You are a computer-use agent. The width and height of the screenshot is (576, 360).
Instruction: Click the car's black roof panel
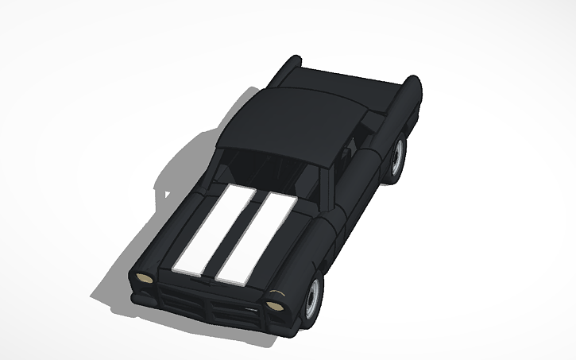pyautogui.click(x=294, y=123)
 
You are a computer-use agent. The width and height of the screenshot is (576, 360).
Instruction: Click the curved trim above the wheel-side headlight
pyautogui.click(x=276, y=295)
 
